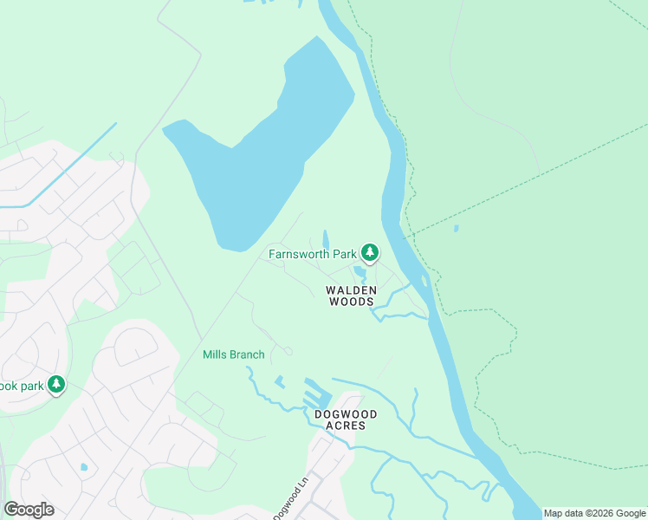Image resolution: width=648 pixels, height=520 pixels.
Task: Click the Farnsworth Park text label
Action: click(312, 255)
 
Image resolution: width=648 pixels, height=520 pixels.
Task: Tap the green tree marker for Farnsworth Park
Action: click(371, 253)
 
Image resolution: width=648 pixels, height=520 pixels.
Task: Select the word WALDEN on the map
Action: click(351, 289)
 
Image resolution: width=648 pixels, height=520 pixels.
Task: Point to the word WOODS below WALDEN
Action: click(351, 302)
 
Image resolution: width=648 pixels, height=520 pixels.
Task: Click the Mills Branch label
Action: click(233, 354)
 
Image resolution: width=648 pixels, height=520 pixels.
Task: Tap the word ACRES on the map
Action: click(346, 426)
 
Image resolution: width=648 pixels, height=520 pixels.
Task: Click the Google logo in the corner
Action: click(29, 509)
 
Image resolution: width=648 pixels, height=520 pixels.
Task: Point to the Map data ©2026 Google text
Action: click(594, 513)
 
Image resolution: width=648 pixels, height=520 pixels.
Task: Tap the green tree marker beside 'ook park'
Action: click(57, 384)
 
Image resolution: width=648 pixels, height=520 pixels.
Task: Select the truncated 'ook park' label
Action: click(21, 385)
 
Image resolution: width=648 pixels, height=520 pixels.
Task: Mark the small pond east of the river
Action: click(456, 229)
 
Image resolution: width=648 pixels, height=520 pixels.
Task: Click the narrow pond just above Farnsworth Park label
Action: click(326, 238)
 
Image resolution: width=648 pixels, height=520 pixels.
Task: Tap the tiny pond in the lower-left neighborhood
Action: click(84, 467)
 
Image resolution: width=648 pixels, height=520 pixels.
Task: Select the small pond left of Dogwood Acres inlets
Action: click(279, 380)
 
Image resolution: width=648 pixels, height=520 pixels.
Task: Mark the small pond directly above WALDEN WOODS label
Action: click(360, 272)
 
